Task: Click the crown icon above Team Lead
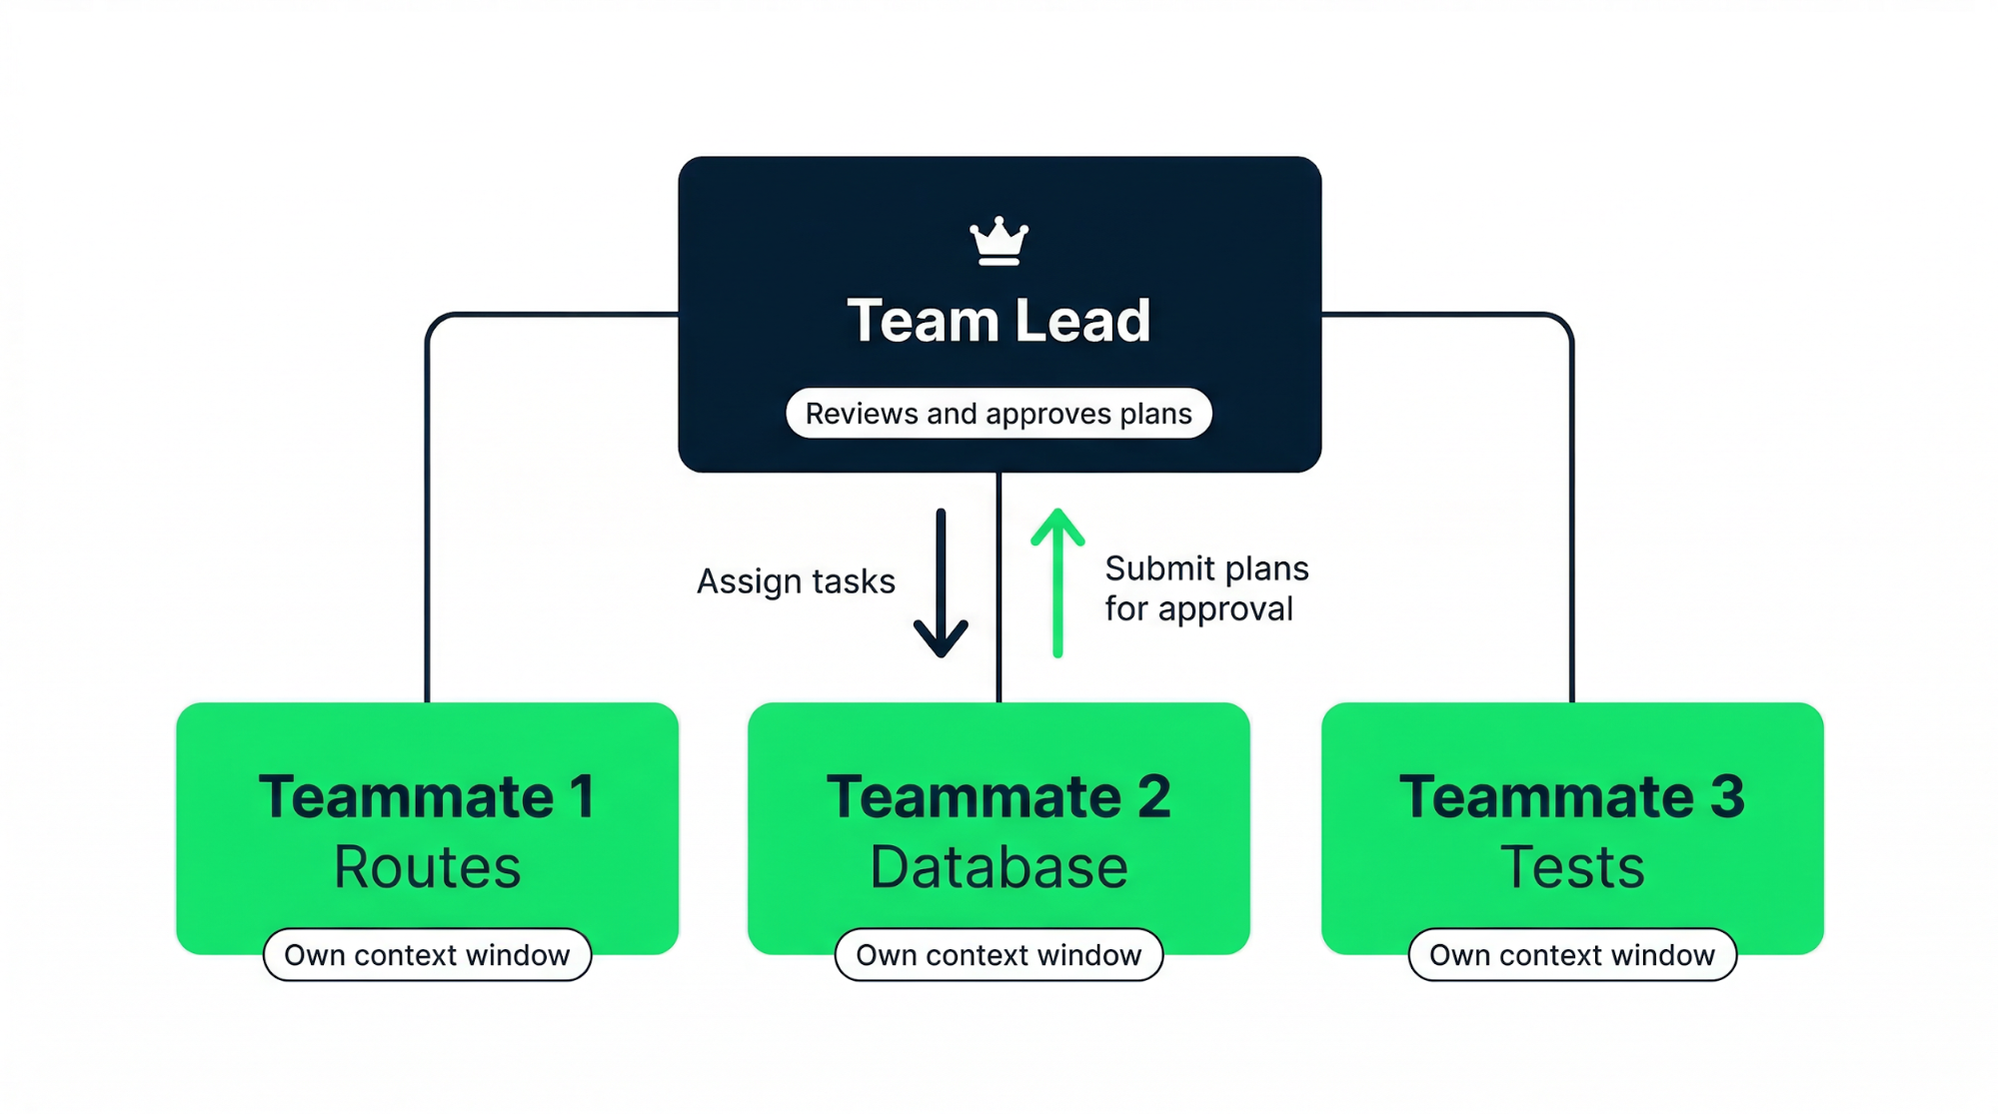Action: pyautogui.click(x=999, y=242)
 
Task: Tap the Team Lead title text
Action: pyautogui.click(x=999, y=321)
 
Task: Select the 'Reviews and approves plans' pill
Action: pyautogui.click(x=999, y=414)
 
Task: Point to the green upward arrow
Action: pyautogui.click(x=1057, y=583)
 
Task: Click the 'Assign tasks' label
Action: pyautogui.click(x=796, y=581)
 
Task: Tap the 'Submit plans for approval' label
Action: pyautogui.click(x=1205, y=588)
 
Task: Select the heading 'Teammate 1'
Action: pyautogui.click(x=427, y=797)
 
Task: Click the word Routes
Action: pyautogui.click(x=427, y=867)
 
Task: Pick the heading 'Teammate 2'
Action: pyautogui.click(x=999, y=797)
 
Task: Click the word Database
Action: pyautogui.click(x=999, y=867)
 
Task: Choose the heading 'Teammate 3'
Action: pyautogui.click(x=1571, y=797)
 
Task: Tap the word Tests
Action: pyautogui.click(x=1571, y=867)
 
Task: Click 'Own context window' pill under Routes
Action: pyautogui.click(x=427, y=955)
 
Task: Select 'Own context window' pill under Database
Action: pyautogui.click(x=999, y=955)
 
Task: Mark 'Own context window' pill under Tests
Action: pyautogui.click(x=1571, y=955)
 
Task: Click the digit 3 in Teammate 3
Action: pyautogui.click(x=1726, y=797)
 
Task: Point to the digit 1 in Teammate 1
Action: pyautogui.click(x=582, y=797)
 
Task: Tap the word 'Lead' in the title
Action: pyautogui.click(x=1082, y=321)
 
